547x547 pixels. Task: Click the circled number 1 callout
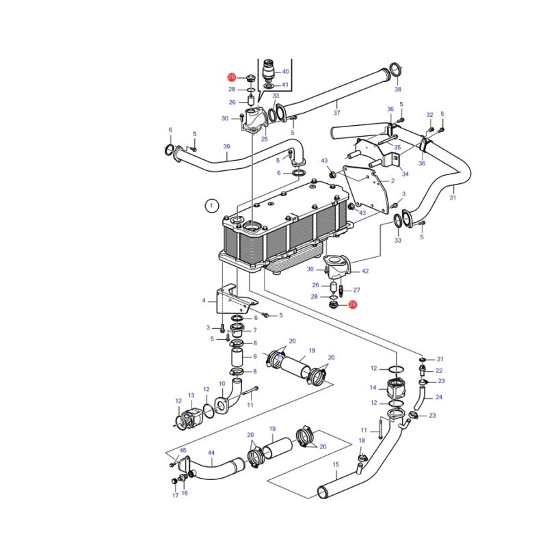(x=211, y=206)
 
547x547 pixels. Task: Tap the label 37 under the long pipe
(x=336, y=113)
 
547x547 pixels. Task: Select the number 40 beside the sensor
(x=285, y=72)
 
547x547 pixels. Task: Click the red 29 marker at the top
(x=232, y=77)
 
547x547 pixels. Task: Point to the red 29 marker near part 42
(x=352, y=304)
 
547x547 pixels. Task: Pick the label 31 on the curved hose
(x=453, y=198)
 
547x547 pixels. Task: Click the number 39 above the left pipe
(x=227, y=146)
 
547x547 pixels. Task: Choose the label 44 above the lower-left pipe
(x=211, y=453)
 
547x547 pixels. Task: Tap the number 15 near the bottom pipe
(x=336, y=465)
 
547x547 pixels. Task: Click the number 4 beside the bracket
(x=204, y=300)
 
